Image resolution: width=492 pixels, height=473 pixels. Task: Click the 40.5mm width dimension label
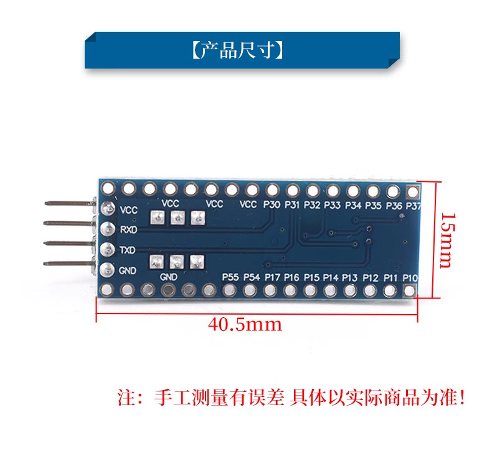[245, 325]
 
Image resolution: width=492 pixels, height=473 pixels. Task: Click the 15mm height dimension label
[447, 241]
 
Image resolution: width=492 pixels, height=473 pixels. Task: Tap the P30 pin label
[272, 205]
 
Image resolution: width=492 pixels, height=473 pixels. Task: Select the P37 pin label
[414, 206]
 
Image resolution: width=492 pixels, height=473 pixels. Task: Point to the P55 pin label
[230, 277]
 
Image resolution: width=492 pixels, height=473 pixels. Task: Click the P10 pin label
[410, 278]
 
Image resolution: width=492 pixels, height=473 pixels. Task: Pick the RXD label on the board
[129, 229]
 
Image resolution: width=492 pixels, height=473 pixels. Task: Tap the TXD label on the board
[128, 250]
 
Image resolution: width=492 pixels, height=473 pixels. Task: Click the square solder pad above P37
[413, 191]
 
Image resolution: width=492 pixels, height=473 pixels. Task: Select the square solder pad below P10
[409, 290]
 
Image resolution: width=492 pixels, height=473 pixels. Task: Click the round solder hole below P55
[229, 290]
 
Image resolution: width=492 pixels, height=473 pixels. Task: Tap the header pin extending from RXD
[69, 223]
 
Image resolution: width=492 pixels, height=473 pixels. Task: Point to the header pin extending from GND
[69, 264]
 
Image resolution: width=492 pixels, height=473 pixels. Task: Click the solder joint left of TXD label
[108, 250]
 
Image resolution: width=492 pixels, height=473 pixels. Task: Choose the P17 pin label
[272, 277]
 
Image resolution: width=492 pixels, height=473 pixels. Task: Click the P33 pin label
[333, 206]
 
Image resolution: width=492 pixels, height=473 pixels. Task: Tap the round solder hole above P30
[272, 190]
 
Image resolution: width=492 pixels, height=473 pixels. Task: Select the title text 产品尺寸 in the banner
[237, 50]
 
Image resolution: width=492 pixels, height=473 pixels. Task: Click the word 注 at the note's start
[126, 398]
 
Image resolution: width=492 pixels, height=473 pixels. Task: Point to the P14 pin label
[331, 278]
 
